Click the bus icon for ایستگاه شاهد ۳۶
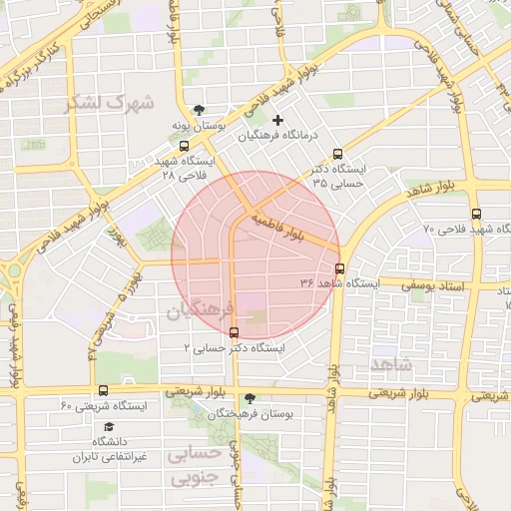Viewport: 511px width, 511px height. click(340, 268)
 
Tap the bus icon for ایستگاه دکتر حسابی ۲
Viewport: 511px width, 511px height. click(234, 332)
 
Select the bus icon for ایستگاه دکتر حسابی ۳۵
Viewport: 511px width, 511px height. click(337, 155)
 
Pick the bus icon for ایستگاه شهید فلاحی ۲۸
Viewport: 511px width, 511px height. click(184, 146)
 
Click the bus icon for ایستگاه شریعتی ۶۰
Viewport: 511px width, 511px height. click(103, 390)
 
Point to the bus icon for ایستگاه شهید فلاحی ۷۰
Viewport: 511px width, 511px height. click(475, 214)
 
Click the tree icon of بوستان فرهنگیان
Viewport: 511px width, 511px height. click(250, 397)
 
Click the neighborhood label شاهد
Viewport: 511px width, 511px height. click(390, 364)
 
